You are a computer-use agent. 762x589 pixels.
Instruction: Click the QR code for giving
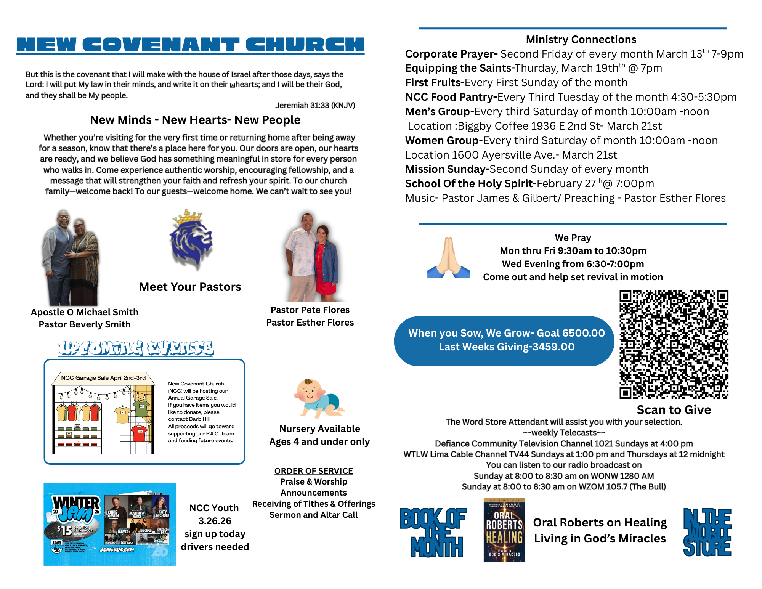(674, 344)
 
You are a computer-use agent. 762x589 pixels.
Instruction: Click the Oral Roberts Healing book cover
(504, 530)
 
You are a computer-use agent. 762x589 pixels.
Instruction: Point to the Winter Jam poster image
(110, 524)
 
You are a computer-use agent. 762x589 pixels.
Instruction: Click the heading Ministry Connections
(581, 40)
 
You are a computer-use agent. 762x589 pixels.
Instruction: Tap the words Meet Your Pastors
(190, 287)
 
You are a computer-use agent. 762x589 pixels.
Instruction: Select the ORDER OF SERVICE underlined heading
(313, 471)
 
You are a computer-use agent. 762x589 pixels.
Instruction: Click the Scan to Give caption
(674, 410)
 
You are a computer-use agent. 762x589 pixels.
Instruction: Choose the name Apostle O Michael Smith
(85, 312)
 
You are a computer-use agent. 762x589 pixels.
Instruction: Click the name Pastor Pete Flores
(310, 310)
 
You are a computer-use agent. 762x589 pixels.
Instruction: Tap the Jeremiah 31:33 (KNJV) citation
(315, 105)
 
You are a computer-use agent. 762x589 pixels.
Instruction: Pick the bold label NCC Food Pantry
(451, 97)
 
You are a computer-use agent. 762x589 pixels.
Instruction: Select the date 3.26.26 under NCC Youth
(215, 521)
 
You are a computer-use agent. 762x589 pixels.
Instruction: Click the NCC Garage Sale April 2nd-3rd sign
(103, 378)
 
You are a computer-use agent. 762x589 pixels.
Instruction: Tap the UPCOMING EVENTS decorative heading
(136, 348)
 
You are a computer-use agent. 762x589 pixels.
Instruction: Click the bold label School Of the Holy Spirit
(470, 184)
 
